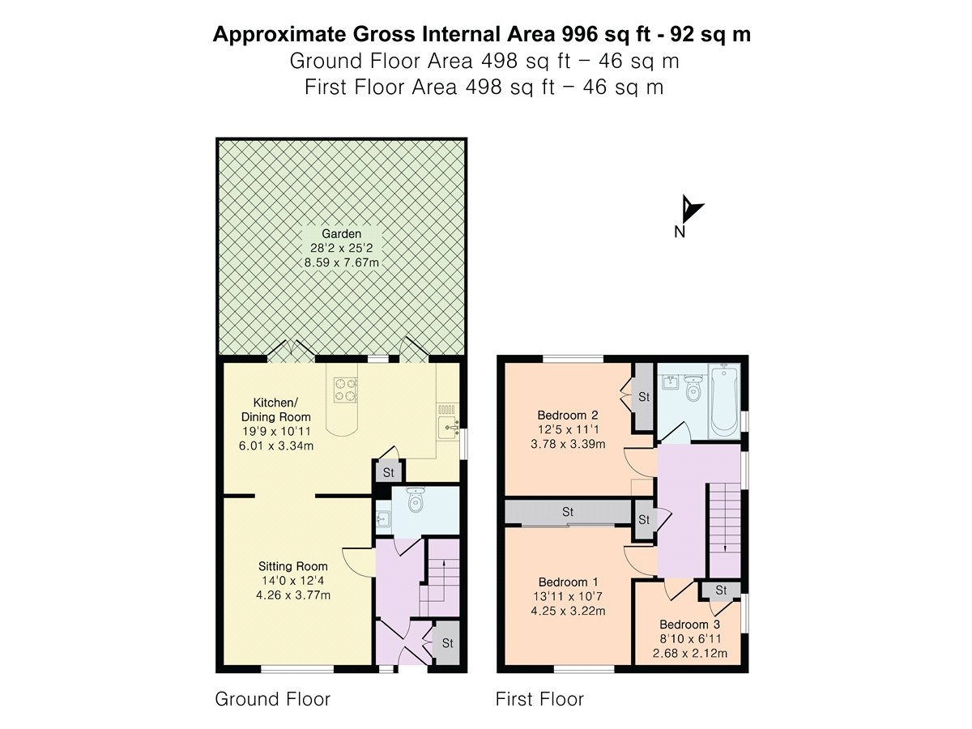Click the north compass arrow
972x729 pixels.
[690, 209]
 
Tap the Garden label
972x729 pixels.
[341, 234]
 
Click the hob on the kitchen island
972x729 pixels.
[345, 390]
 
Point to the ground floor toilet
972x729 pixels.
[416, 499]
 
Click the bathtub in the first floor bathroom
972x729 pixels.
[724, 401]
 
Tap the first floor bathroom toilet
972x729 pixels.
[693, 388]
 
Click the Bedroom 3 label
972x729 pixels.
[689, 625]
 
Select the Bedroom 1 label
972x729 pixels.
[569, 582]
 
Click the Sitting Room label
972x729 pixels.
[293, 566]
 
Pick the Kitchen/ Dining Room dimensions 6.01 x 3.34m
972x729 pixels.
[276, 446]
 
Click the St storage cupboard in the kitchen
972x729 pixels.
[388, 472]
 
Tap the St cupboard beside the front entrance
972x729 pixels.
[447, 643]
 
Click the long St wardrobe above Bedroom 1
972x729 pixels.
[568, 512]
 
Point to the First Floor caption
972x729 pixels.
[539, 699]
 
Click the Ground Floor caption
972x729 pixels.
[273, 699]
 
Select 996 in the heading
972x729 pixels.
[580, 34]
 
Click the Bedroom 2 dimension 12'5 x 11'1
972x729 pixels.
[568, 429]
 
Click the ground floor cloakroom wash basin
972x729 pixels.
[382, 518]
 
